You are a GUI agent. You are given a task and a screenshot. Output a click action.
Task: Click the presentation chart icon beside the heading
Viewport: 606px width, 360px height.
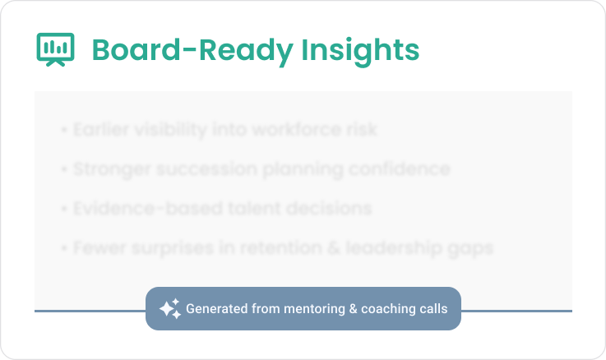[x=56, y=49]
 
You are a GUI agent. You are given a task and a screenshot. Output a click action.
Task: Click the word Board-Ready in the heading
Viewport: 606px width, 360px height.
[x=192, y=50]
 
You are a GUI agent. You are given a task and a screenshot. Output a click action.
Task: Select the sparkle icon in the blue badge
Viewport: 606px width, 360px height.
[x=169, y=309]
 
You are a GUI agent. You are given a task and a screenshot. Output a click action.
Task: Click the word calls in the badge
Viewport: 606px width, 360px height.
[x=430, y=309]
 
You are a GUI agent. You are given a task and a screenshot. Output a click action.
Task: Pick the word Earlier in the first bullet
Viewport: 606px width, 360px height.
[x=98, y=130]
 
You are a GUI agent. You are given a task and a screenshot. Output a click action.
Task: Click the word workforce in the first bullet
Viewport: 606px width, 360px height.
[x=291, y=130]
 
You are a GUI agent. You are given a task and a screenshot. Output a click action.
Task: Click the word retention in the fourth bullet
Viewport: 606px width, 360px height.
[x=268, y=247]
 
